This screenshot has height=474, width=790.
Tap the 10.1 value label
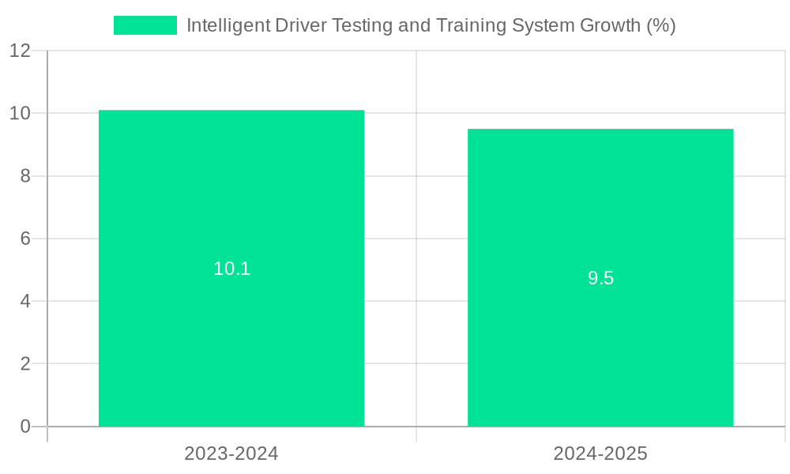pyautogui.click(x=231, y=269)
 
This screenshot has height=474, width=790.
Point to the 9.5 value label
pyautogui.click(x=600, y=278)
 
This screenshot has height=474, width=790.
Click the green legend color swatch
pyautogui.click(x=145, y=25)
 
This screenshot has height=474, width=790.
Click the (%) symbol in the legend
pyautogui.click(x=660, y=25)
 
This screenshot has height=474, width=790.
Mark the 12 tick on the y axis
pyautogui.click(x=20, y=51)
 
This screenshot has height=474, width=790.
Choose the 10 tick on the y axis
pyautogui.click(x=20, y=113)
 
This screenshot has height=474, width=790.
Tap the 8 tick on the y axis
pyautogui.click(x=25, y=176)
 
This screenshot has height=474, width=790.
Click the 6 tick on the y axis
pyautogui.click(x=25, y=239)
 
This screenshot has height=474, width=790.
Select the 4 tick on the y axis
pyautogui.click(x=25, y=301)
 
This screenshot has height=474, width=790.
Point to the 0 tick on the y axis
pyautogui.click(x=25, y=427)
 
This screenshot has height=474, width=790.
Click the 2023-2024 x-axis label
pyautogui.click(x=231, y=453)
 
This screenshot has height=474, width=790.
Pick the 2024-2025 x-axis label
pyautogui.click(x=600, y=453)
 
